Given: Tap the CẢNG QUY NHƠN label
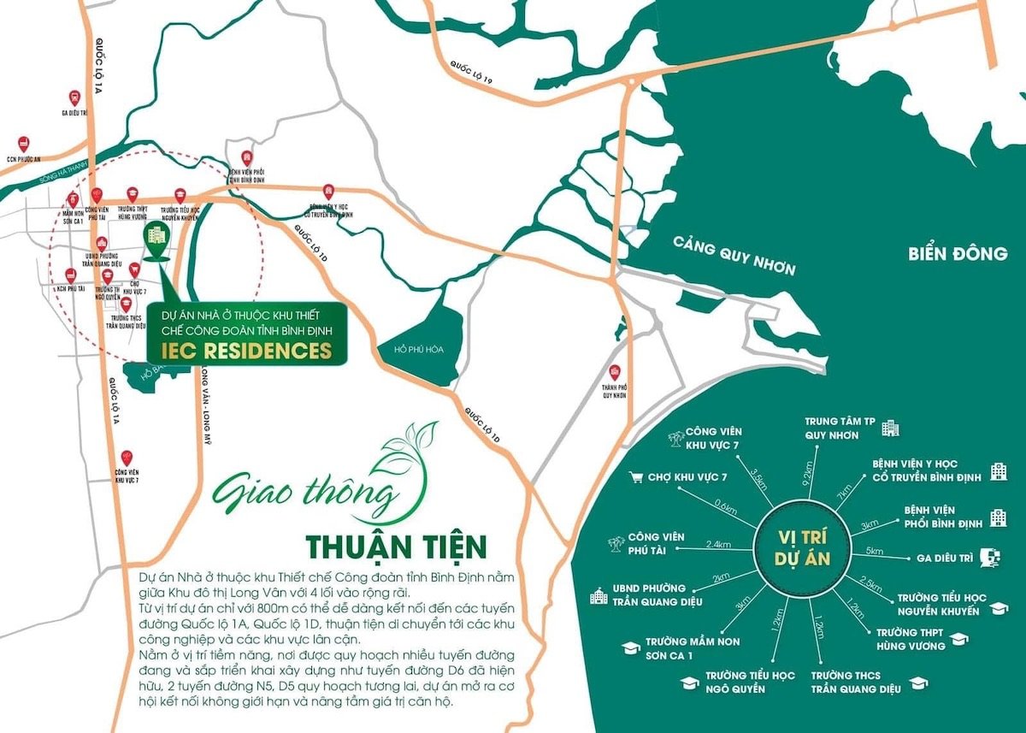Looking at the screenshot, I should coord(734,256).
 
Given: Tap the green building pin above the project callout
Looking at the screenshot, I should coord(156,236).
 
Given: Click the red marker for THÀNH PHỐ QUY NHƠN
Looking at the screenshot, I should coord(614,373).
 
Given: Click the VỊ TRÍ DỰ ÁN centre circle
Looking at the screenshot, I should coord(801,547).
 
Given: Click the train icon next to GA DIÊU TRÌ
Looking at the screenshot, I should coord(991,556).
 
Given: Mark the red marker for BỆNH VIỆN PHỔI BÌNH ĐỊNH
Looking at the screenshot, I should coord(247,158).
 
